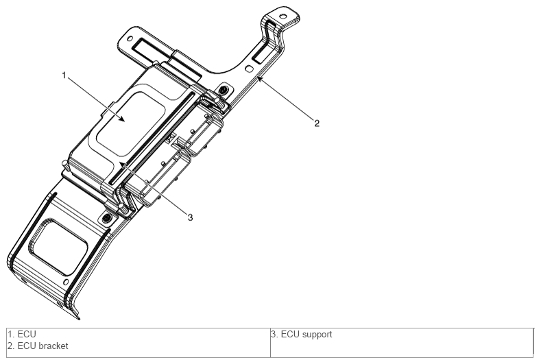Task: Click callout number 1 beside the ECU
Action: pyautogui.click(x=64, y=75)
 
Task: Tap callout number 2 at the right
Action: pyautogui.click(x=317, y=123)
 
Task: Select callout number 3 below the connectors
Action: pyautogui.click(x=190, y=217)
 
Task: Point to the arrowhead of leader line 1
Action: pyautogui.click(x=122, y=119)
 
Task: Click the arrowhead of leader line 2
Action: pyautogui.click(x=259, y=79)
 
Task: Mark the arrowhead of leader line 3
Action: pyautogui.click(x=122, y=165)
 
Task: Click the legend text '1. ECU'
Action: pyautogui.click(x=22, y=334)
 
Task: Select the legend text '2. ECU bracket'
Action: pyautogui.click(x=38, y=346)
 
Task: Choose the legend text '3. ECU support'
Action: pyautogui.click(x=302, y=334)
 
